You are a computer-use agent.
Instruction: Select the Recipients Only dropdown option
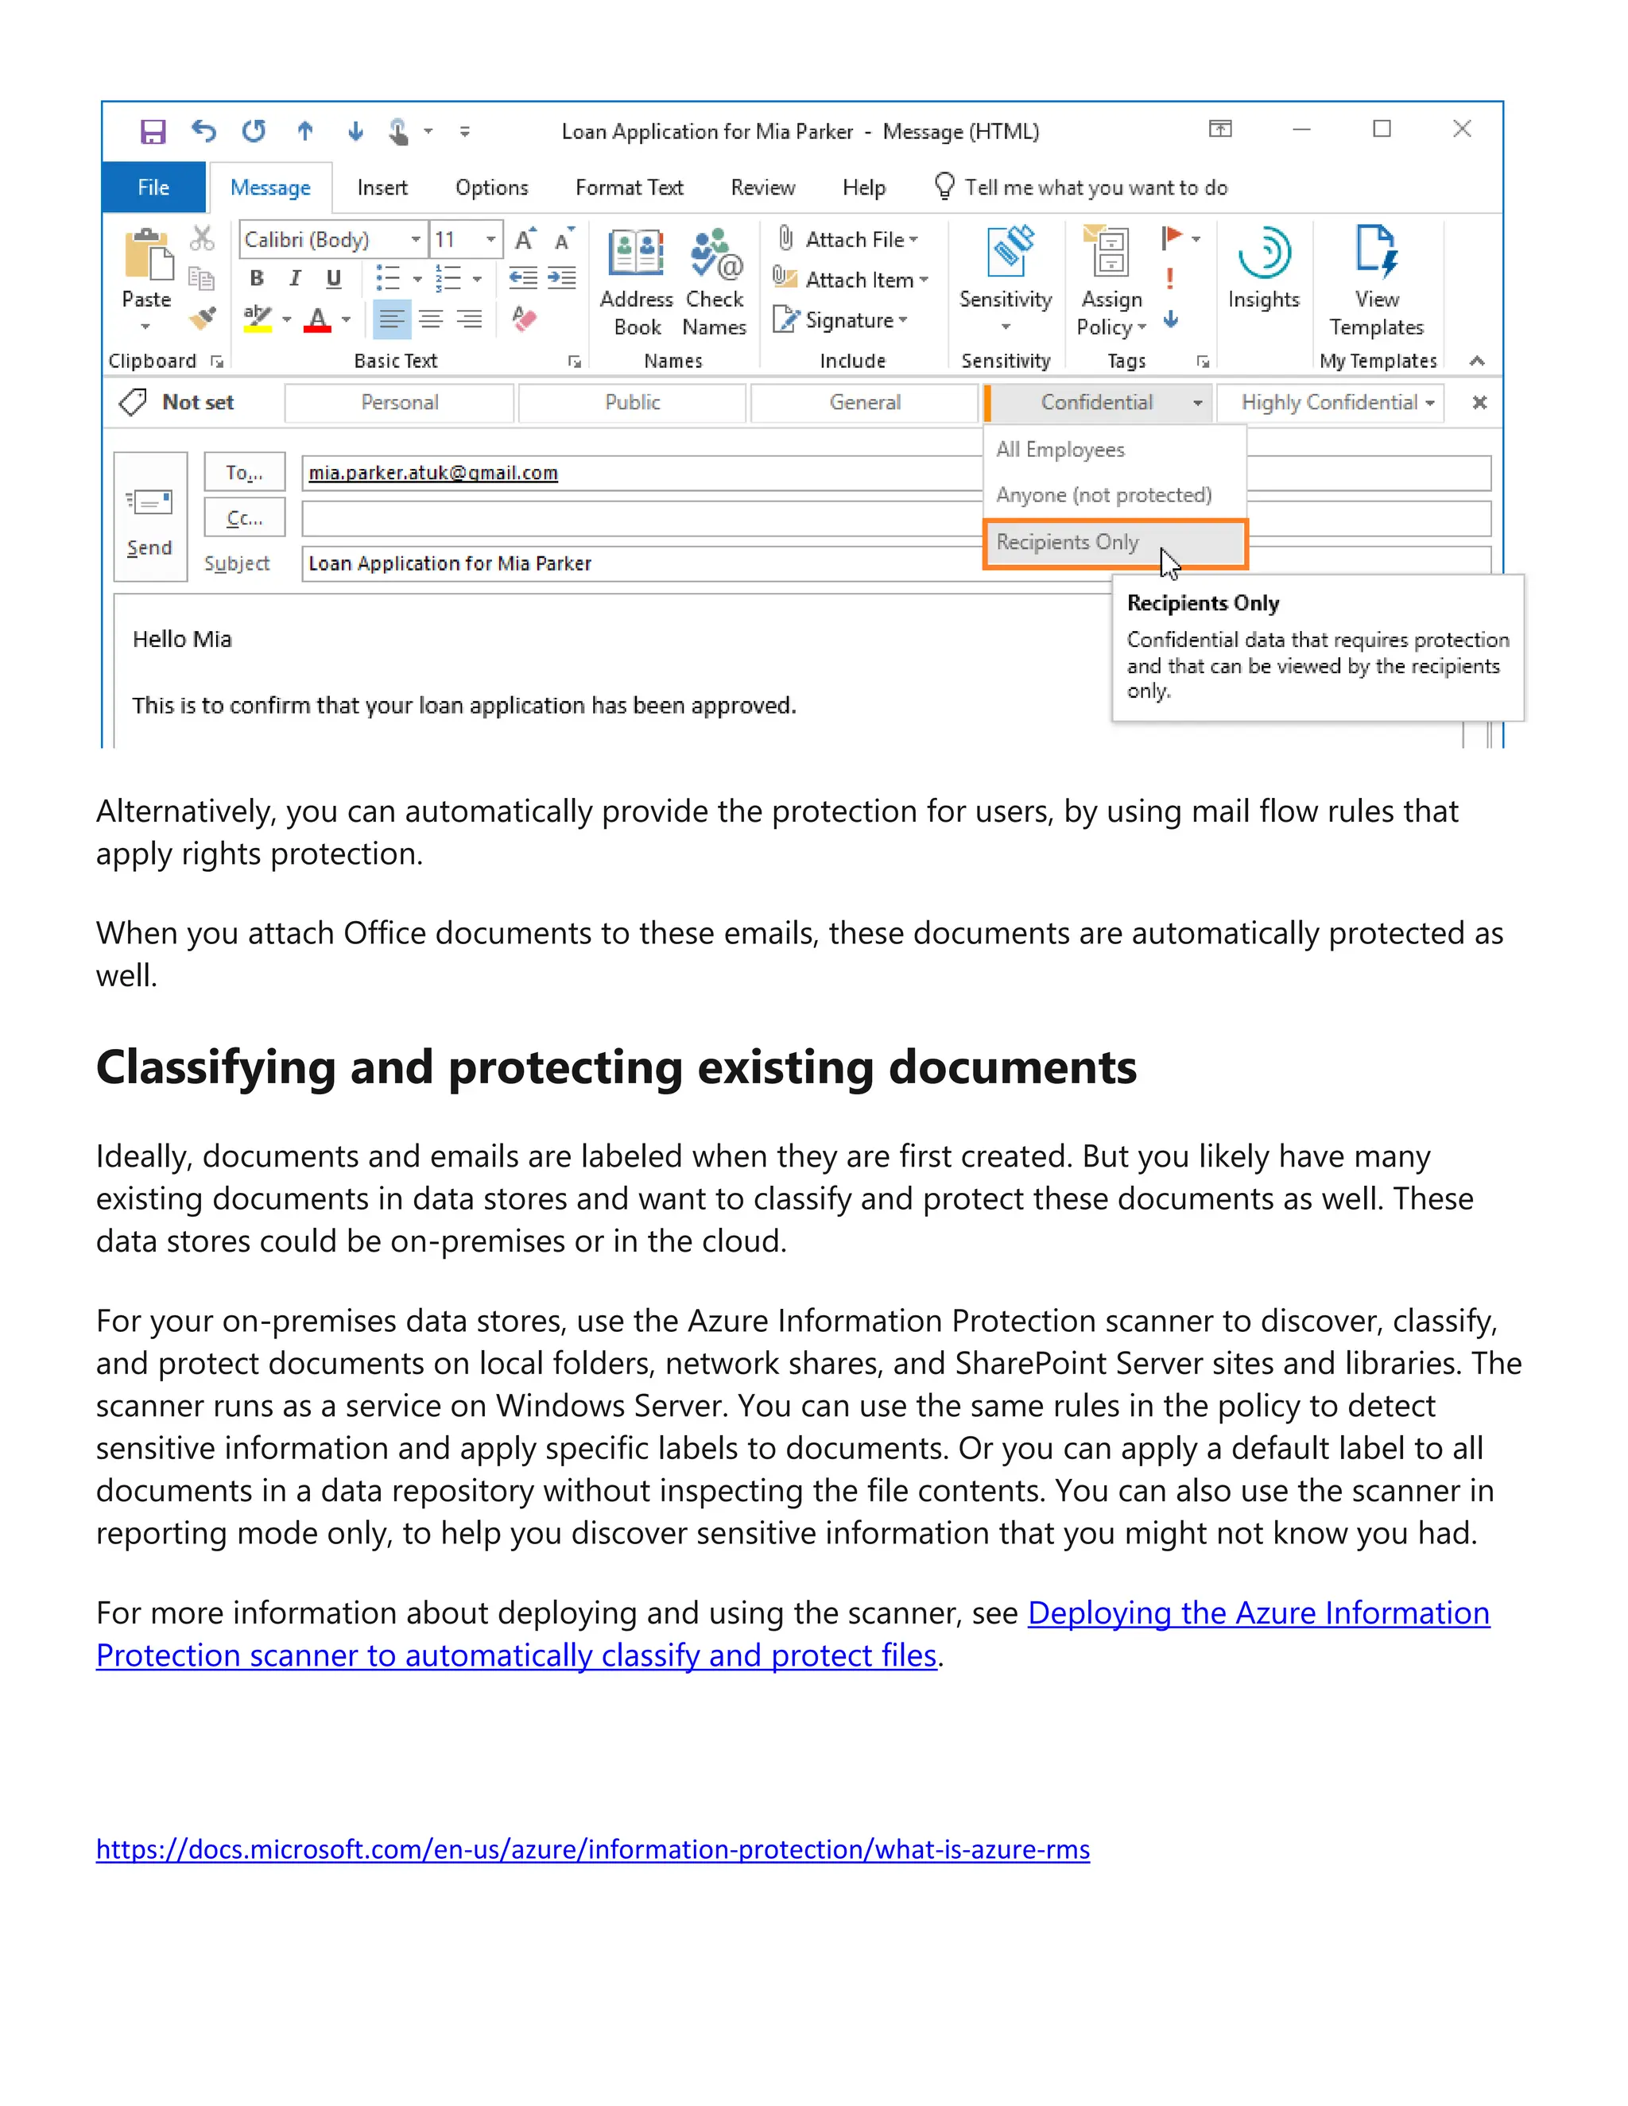click(x=1068, y=542)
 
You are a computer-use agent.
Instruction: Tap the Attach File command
click(x=854, y=239)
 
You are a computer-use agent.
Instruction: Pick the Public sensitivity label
click(x=632, y=402)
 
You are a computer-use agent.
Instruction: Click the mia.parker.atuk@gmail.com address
click(x=433, y=473)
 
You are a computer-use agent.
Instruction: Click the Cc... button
click(x=244, y=518)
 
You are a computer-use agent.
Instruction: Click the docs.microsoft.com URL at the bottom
click(x=592, y=1849)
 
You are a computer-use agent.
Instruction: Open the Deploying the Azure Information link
click(x=1258, y=1613)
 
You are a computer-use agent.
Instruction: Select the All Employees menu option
click(x=1060, y=449)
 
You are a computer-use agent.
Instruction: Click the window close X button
click(x=1462, y=130)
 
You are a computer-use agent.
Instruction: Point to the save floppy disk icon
click(x=153, y=131)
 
